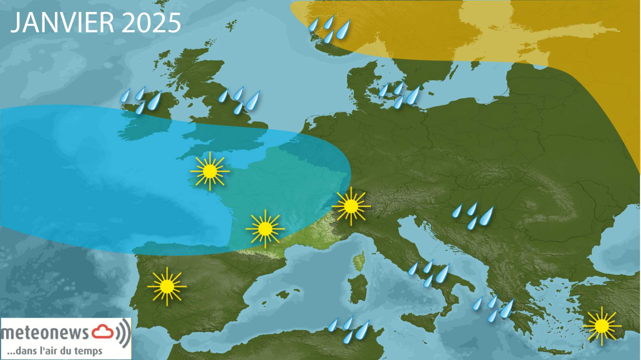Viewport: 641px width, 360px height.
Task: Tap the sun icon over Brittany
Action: (210, 171)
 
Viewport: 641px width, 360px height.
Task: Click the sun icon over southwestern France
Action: (265, 229)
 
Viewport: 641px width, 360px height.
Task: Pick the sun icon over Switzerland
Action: (351, 206)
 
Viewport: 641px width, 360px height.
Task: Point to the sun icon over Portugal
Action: (167, 286)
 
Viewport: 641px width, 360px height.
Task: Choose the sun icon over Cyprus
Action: (602, 326)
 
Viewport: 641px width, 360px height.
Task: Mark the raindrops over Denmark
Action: (399, 95)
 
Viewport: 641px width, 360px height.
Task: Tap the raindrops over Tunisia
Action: (349, 329)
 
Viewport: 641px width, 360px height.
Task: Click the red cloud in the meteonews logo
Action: (103, 331)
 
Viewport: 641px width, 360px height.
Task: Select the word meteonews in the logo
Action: (45, 333)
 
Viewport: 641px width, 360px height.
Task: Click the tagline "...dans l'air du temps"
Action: (55, 351)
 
